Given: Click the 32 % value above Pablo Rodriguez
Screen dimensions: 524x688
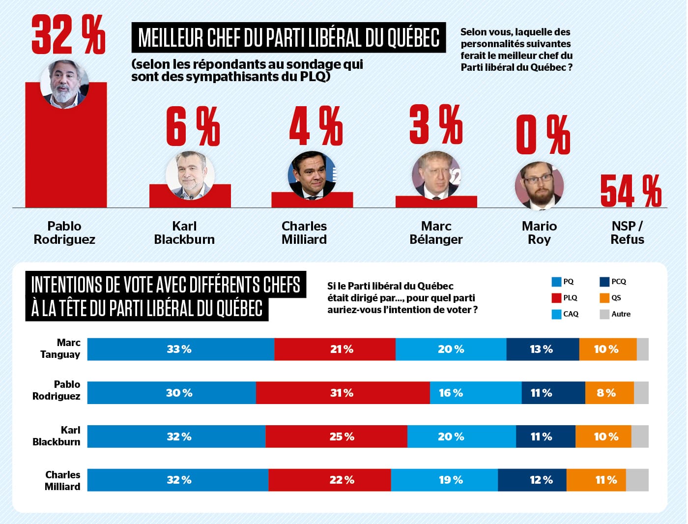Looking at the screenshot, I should tap(68, 34).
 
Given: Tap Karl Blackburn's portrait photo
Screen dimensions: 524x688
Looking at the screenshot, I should tap(190, 175).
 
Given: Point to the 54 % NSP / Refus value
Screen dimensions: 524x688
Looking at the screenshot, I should tap(631, 191).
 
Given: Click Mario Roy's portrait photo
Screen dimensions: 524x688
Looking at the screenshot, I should tap(539, 186).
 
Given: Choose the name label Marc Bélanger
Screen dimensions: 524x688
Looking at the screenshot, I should tap(436, 233).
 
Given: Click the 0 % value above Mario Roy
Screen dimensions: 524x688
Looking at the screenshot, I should tap(543, 135).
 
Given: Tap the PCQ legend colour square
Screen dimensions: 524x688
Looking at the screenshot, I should tap(604, 282).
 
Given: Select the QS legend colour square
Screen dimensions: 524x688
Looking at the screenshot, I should tap(604, 298).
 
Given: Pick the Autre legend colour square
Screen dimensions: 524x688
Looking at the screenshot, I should tap(604, 314).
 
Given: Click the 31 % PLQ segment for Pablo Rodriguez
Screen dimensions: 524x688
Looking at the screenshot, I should tap(343, 393).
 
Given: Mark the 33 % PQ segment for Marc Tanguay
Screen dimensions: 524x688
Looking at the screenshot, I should tap(180, 349).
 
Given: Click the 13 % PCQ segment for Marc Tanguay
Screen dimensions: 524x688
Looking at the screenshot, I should tap(543, 349).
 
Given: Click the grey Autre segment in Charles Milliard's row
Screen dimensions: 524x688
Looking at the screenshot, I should tap(637, 480).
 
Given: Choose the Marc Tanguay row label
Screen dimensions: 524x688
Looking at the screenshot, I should tap(60, 349).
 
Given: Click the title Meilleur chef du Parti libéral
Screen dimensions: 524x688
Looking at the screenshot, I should tap(288, 37).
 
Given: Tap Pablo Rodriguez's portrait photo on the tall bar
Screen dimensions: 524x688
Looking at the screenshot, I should tap(64, 84).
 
